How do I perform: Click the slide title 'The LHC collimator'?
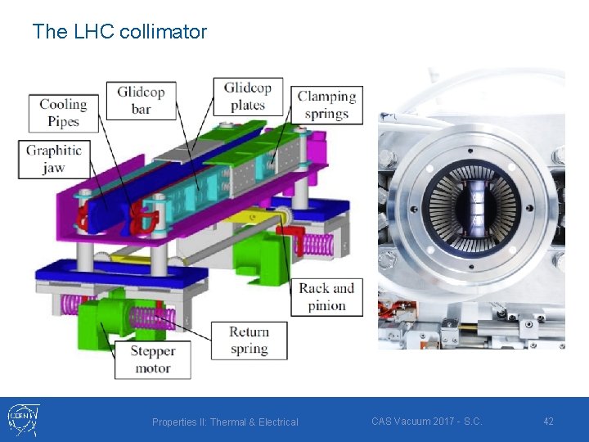(x=119, y=32)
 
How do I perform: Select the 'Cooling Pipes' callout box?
(x=64, y=113)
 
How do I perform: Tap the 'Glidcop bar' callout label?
(x=142, y=99)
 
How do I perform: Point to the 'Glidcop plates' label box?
(x=248, y=96)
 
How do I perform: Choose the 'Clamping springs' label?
(x=327, y=105)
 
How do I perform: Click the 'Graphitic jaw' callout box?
(x=53, y=159)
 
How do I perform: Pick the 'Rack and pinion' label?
(x=326, y=297)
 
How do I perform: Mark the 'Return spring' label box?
(x=250, y=340)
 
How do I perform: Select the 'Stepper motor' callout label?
(x=152, y=359)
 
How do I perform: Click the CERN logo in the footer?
(x=22, y=419)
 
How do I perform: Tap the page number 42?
(x=548, y=422)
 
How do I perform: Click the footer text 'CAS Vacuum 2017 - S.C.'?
(x=426, y=422)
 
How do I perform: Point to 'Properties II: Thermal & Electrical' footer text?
(x=225, y=422)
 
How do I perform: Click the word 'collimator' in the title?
(x=163, y=32)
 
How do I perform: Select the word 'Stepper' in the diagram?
(x=152, y=351)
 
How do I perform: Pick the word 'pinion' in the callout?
(x=326, y=306)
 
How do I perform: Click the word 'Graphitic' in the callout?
(x=53, y=150)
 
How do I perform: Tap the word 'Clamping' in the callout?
(x=327, y=97)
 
